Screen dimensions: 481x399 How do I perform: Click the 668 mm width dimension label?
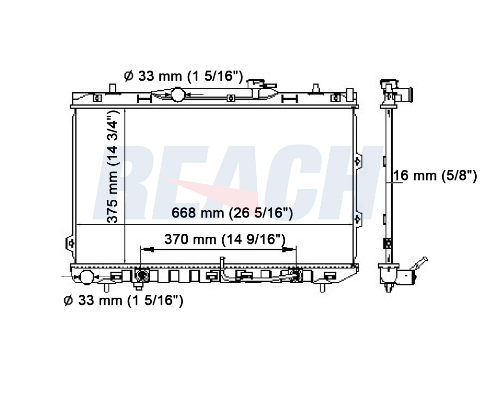coord(232,213)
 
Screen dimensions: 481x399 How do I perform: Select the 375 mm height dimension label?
coord(112,167)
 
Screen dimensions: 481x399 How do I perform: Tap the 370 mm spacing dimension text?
coord(225,239)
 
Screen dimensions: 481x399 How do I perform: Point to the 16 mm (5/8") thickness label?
coord(435,176)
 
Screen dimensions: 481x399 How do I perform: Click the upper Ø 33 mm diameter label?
coord(183,76)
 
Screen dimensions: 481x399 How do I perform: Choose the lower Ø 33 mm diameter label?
coord(123,300)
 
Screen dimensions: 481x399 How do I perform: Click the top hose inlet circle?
coord(177,95)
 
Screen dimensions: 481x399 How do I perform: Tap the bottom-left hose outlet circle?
coord(86,277)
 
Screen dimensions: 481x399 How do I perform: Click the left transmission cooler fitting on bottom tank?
coord(142,275)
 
